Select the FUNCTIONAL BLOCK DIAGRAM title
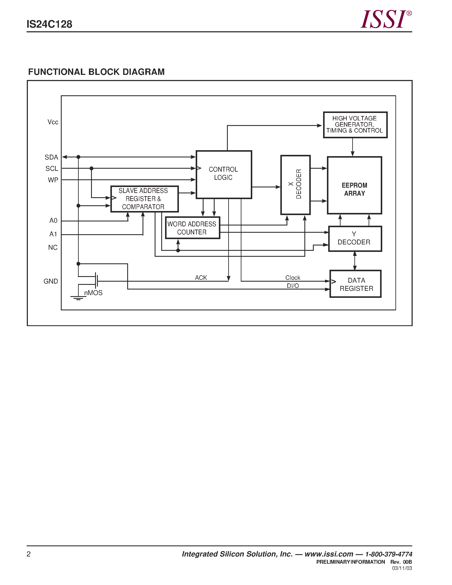click(96, 72)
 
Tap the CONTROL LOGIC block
click(224, 174)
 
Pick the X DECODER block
click(295, 185)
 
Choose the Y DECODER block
click(355, 238)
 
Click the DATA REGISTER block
click(356, 284)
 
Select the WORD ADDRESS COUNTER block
click(192, 228)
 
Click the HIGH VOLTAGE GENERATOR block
click(355, 125)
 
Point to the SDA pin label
click(51, 157)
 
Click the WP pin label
click(53, 180)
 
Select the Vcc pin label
click(53, 122)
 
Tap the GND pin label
click(51, 281)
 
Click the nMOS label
click(93, 293)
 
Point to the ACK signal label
click(201, 277)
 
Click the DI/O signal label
click(293, 286)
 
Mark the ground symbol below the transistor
click(78, 298)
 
